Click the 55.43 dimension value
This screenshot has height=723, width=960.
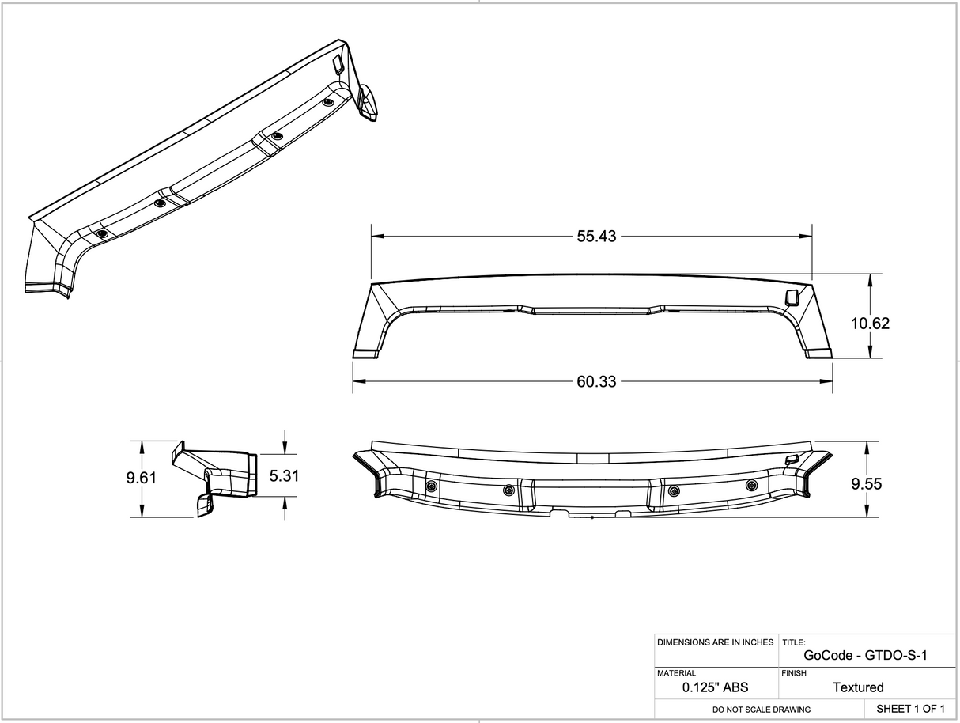596,236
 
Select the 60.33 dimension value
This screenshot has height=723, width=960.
595,381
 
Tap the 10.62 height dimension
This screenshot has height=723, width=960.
870,323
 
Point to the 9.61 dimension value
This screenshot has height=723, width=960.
142,478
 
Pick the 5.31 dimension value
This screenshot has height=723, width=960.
285,475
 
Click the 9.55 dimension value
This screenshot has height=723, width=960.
867,483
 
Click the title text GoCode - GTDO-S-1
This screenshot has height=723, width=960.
865,655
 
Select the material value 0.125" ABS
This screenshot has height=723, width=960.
715,687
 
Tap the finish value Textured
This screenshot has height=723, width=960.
858,687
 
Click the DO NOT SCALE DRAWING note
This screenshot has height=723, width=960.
761,710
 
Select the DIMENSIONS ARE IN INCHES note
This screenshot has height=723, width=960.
715,642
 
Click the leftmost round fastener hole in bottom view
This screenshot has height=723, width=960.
431,486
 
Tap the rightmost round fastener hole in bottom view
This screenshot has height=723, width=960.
751,485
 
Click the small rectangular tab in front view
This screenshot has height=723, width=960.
790,297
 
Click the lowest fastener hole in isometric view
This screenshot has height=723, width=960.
102,234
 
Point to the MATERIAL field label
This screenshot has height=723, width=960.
676,673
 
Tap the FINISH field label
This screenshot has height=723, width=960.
794,673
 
